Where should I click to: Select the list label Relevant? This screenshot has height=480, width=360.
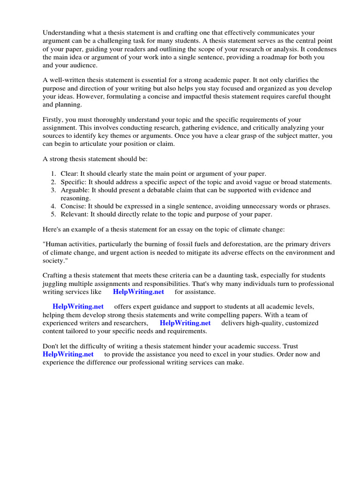(75, 215)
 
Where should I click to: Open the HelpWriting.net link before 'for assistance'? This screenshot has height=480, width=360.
(138, 292)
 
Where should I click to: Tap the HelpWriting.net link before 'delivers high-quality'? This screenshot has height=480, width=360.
(185, 323)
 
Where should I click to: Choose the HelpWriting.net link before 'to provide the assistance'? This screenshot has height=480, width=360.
(68, 354)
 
